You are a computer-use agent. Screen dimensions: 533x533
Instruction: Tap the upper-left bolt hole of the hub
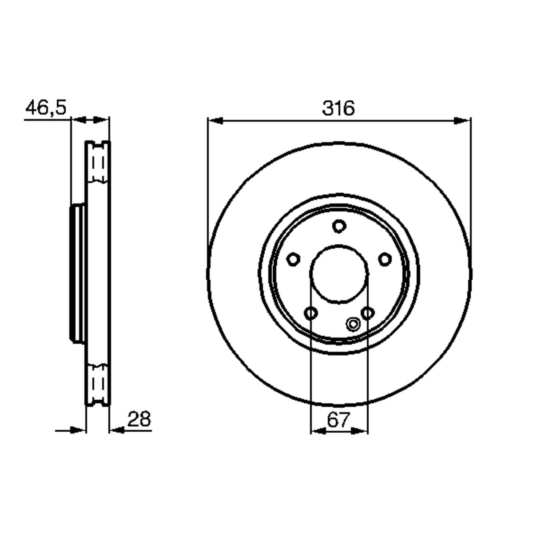[293, 259]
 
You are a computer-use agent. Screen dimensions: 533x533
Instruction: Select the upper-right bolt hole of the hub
[385, 259]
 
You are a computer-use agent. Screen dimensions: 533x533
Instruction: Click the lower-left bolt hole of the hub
[310, 313]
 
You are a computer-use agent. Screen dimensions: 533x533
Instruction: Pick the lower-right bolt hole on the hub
[368, 313]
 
